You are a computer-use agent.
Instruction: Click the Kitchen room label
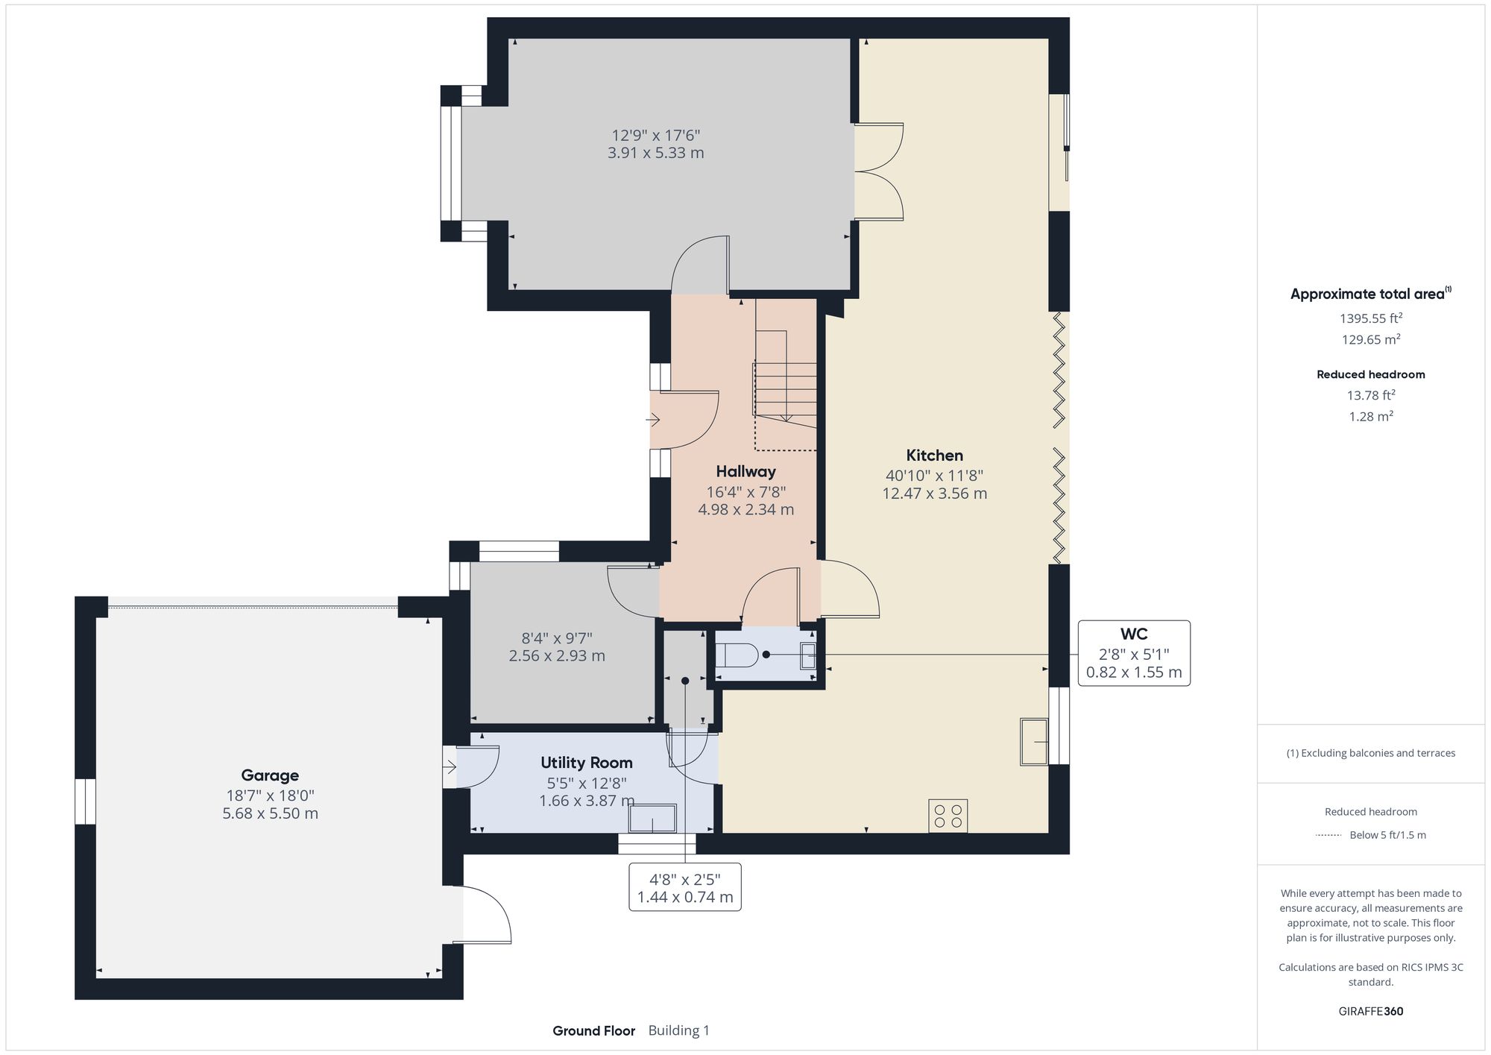[x=934, y=456]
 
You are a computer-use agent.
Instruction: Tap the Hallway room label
[x=745, y=471]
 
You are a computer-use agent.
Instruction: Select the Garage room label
[x=270, y=775]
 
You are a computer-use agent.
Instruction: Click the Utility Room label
[x=586, y=763]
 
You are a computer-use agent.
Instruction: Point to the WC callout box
[x=1133, y=653]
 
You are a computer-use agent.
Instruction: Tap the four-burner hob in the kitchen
[x=948, y=816]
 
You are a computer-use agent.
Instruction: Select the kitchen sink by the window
[x=1034, y=741]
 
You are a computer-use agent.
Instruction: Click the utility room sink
[x=652, y=818]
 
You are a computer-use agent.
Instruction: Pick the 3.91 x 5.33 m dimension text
[x=655, y=154]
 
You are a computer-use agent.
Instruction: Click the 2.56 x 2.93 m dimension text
[x=557, y=656]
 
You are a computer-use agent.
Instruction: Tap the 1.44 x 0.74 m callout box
[x=684, y=887]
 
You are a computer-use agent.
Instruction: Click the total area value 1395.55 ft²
[x=1370, y=318]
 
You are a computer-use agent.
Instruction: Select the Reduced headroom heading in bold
[x=1370, y=374]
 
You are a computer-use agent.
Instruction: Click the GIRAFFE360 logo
[x=1370, y=1012]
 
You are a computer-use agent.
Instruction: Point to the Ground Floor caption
[x=593, y=1031]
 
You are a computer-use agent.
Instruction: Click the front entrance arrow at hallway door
[x=653, y=421]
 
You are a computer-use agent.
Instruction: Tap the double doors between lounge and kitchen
[x=878, y=171]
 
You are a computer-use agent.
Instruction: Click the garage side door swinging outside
[x=485, y=916]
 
